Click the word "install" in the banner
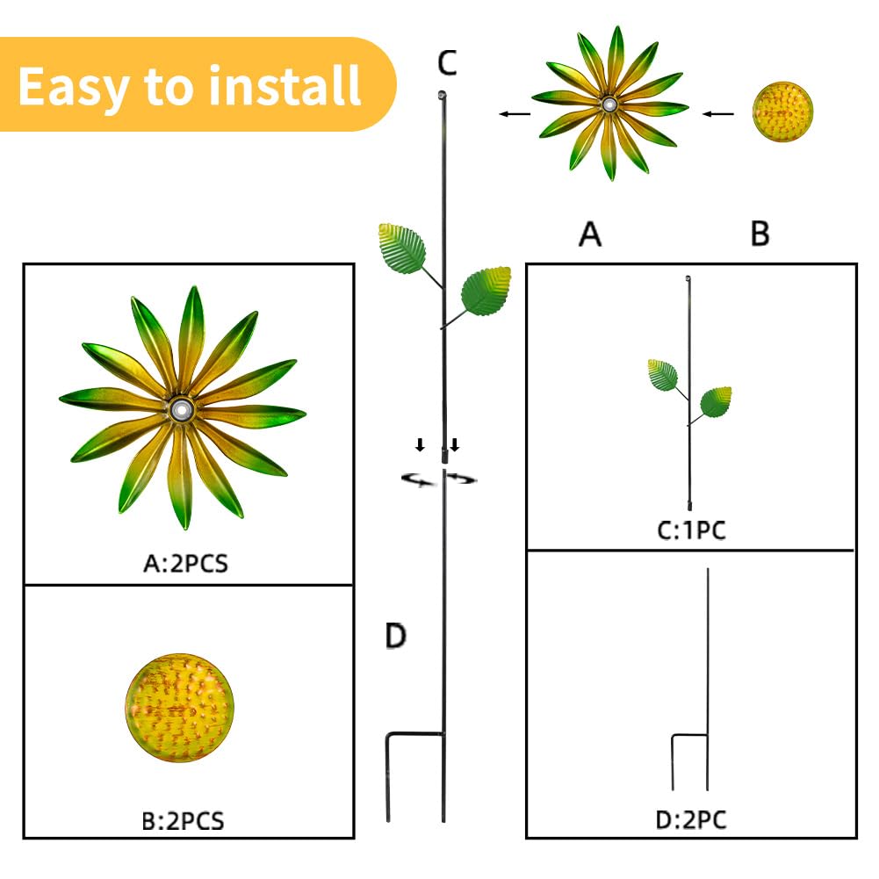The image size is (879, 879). click(x=285, y=86)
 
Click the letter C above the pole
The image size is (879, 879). click(x=447, y=62)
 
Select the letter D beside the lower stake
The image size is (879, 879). click(x=396, y=637)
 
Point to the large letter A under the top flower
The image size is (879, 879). click(x=590, y=234)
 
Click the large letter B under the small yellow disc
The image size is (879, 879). click(x=760, y=234)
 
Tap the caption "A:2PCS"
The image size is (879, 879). click(x=185, y=564)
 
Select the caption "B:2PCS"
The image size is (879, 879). click(x=183, y=821)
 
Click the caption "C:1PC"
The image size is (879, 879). click(x=691, y=530)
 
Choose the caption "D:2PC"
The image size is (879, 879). click(x=691, y=820)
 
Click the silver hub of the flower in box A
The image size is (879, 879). click(x=181, y=411)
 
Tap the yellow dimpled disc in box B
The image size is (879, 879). click(x=179, y=708)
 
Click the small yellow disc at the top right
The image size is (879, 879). click(x=782, y=112)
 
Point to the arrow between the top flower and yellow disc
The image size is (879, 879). click(x=718, y=114)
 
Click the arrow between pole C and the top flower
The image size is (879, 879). click(x=515, y=114)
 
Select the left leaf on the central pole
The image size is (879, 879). click(x=402, y=249)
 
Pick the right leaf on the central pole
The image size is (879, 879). click(x=486, y=292)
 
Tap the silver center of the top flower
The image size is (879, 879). click(x=609, y=104)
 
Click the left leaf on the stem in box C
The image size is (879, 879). click(x=663, y=375)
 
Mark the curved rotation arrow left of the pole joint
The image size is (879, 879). click(x=418, y=479)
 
